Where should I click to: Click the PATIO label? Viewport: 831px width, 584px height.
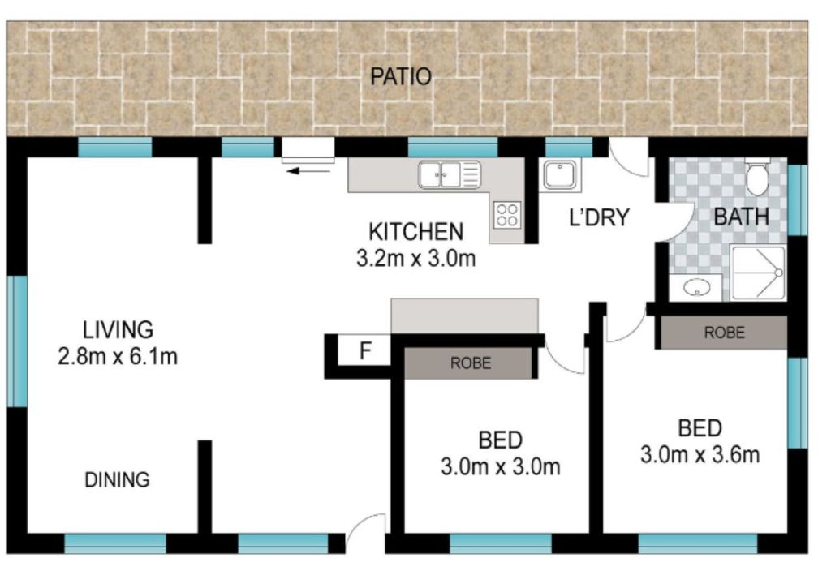(401, 77)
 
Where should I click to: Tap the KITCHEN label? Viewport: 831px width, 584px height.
(416, 232)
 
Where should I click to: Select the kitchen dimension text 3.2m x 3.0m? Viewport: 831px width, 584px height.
(416, 259)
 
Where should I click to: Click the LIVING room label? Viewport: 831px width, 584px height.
(118, 329)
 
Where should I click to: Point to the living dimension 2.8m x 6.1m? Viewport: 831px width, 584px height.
(118, 356)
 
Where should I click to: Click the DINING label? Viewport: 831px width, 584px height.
(117, 479)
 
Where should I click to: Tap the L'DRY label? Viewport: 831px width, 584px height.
(599, 217)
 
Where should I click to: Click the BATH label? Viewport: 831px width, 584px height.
(742, 217)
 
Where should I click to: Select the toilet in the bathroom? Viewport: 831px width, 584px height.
(757, 178)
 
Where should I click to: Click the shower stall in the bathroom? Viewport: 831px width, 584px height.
(759, 273)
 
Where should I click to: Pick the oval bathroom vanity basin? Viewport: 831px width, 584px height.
(696, 288)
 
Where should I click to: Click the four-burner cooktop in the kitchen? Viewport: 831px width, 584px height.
(507, 215)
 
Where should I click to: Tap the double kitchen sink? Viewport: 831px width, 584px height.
(450, 174)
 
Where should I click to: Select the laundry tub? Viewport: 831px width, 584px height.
(560, 175)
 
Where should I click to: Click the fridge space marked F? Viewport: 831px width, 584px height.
(365, 351)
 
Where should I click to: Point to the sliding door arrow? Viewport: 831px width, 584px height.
(308, 170)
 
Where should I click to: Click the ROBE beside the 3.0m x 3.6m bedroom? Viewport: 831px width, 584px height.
(725, 333)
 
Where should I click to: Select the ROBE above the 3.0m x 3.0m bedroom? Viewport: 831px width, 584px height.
(471, 363)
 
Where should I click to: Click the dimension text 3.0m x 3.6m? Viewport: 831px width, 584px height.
(700, 455)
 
